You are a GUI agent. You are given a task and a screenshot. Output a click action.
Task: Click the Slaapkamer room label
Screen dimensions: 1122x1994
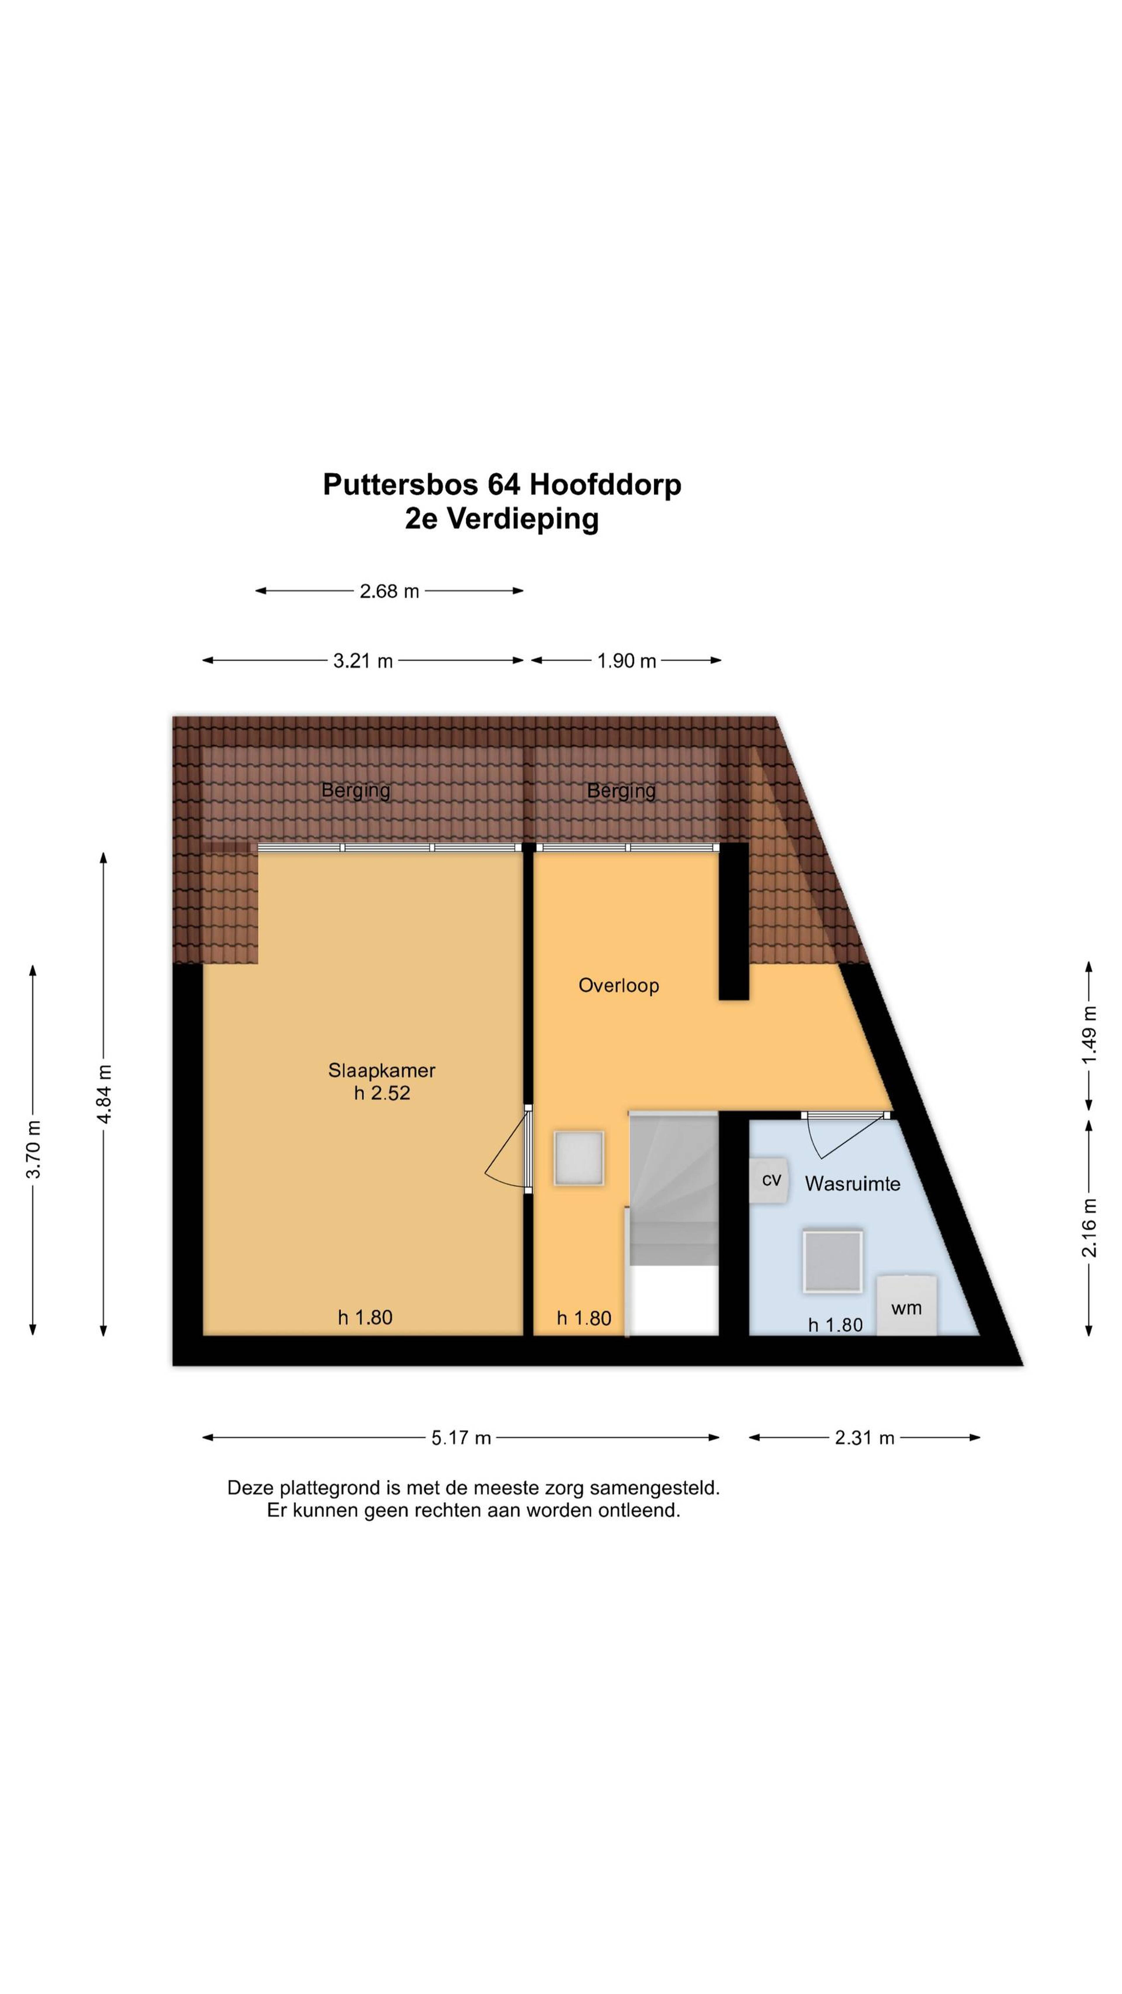382,1071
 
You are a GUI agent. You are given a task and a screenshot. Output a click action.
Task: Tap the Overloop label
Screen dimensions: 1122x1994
618,985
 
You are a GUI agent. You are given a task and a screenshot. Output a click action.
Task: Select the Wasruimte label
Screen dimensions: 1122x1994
852,1183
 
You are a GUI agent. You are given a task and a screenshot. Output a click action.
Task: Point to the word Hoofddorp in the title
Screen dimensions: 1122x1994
605,484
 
